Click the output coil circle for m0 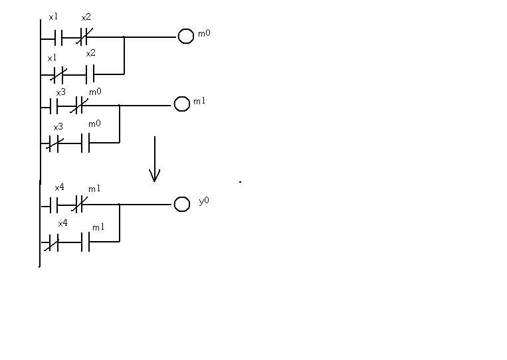(x=185, y=37)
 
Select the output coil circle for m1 (x=181, y=104)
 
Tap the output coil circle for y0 (x=181, y=204)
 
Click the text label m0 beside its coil (x=204, y=33)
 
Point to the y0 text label (x=204, y=200)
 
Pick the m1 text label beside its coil (x=199, y=102)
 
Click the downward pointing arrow (x=154, y=159)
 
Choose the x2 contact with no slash (x=90, y=72)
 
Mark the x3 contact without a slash (x=55, y=106)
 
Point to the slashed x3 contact (x=54, y=142)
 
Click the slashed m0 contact (x=78, y=106)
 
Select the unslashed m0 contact (x=85, y=142)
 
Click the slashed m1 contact (x=78, y=205)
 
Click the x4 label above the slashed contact (x=62, y=224)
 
